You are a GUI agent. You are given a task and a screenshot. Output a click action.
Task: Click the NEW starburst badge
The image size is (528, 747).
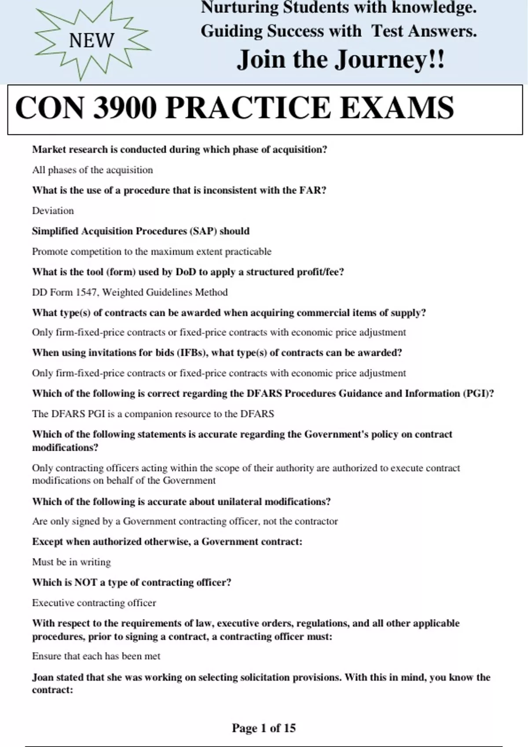[x=92, y=40]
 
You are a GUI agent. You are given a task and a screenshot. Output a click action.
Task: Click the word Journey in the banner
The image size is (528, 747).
[x=380, y=60]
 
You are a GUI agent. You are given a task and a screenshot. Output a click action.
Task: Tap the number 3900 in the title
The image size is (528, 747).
[x=125, y=108]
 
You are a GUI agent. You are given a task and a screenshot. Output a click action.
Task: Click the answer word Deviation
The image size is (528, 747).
[x=53, y=211]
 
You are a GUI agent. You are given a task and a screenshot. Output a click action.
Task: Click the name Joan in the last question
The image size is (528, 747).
[x=43, y=677]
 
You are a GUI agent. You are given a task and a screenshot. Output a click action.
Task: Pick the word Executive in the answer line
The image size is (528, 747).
[x=53, y=603]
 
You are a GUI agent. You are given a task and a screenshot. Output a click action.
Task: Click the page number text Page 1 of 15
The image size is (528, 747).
[x=264, y=728]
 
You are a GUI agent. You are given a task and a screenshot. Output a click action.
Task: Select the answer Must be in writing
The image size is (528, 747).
[x=71, y=562]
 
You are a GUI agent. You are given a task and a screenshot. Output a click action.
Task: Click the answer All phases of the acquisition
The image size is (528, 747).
[x=92, y=170]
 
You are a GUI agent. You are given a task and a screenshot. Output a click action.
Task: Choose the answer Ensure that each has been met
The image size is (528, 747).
[x=96, y=656]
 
